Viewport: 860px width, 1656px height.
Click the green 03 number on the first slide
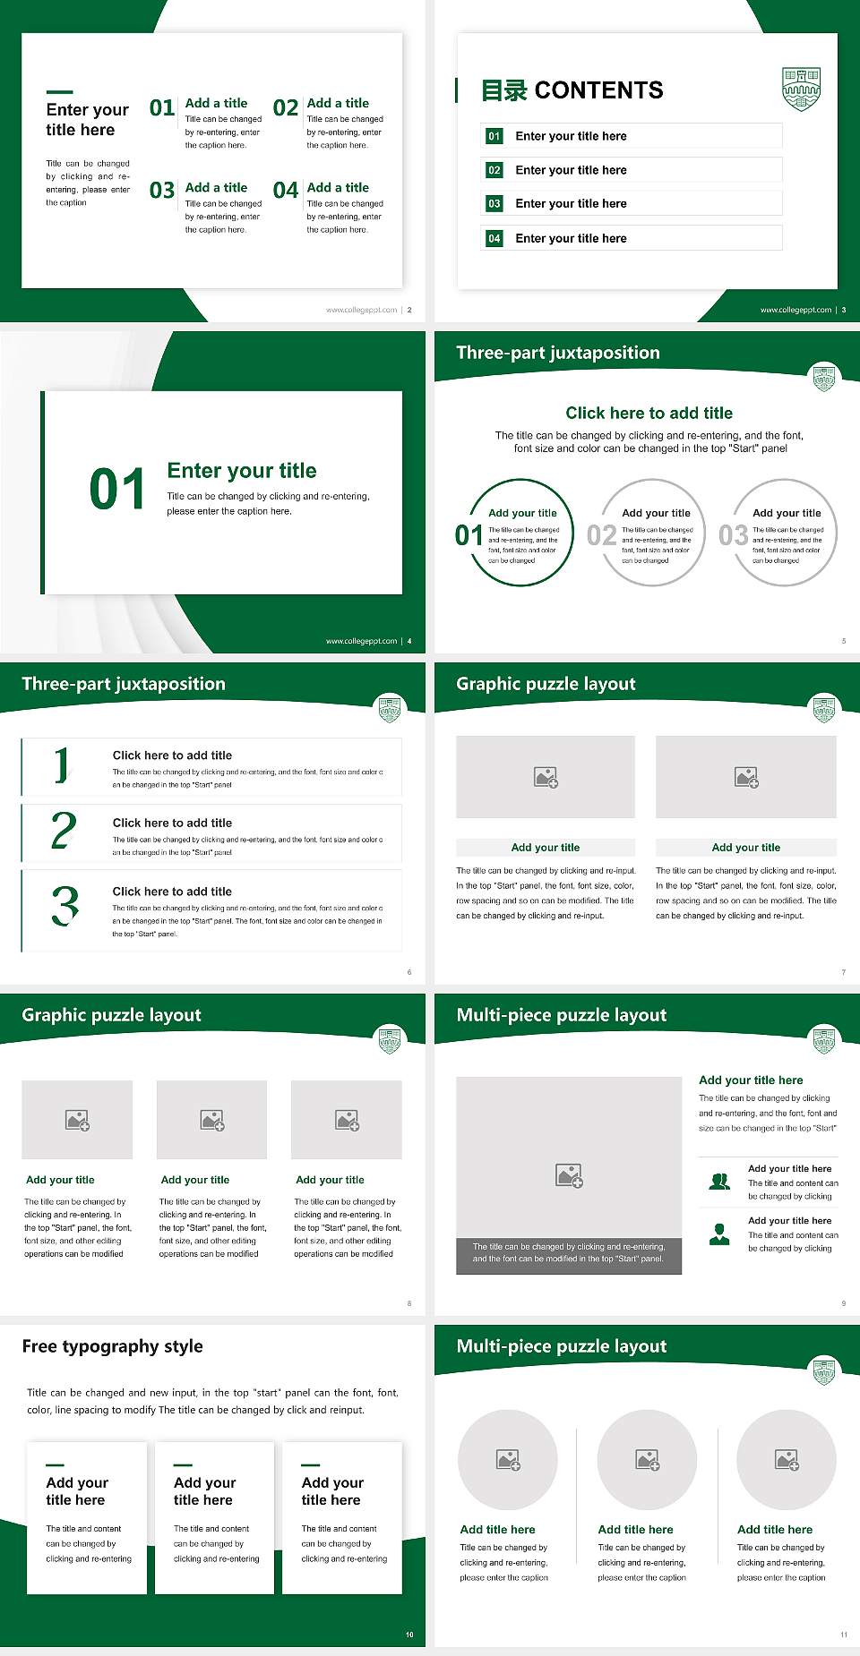(x=162, y=191)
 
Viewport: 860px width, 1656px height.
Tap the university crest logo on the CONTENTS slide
(x=801, y=89)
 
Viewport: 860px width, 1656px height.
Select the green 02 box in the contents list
(x=494, y=170)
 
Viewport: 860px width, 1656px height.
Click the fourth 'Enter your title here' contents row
(x=571, y=238)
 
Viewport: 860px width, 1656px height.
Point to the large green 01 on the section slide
(x=117, y=490)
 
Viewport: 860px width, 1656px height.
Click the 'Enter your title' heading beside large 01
(x=242, y=471)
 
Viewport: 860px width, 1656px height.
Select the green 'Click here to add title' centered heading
(x=649, y=413)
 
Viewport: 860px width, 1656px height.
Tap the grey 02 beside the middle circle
(x=601, y=535)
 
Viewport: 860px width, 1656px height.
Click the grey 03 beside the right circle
(x=733, y=535)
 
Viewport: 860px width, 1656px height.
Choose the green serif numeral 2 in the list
(x=64, y=831)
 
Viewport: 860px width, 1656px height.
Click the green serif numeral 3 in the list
(x=64, y=905)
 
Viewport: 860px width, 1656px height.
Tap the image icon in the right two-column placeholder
(x=746, y=777)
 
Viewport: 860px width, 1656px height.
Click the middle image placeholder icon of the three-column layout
(x=212, y=1120)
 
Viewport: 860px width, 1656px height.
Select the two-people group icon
(x=719, y=1182)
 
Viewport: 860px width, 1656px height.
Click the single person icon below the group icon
(x=719, y=1234)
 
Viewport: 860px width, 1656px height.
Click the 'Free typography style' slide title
(x=112, y=1346)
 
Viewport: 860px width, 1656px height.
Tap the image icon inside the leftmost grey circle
(x=508, y=1460)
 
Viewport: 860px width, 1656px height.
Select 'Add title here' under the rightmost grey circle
(x=775, y=1530)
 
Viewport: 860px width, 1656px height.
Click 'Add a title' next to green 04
(x=338, y=187)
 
